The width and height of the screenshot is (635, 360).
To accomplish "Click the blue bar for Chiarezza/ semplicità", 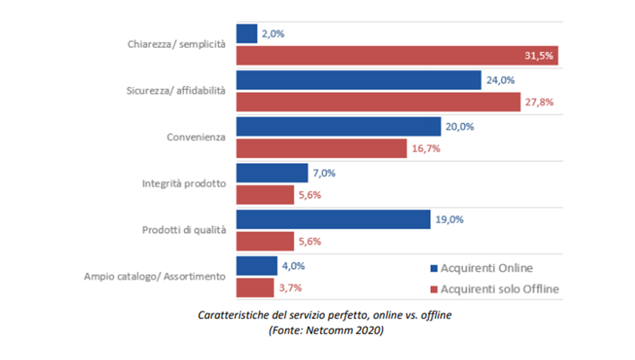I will tap(247, 34).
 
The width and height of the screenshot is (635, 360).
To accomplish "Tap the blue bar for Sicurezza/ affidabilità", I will tap(358, 80).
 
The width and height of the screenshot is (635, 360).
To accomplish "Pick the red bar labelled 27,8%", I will tap(378, 102).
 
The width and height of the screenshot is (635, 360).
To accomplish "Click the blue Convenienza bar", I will tap(338, 127).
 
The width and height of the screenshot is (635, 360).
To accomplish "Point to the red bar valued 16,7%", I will tap(321, 149).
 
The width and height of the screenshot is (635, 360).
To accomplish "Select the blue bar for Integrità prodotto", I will tap(271, 173).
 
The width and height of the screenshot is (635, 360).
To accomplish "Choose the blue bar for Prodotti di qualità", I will tap(333, 219).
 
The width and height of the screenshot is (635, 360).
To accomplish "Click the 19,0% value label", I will tap(450, 219).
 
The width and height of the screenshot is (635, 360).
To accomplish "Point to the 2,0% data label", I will tap(273, 34).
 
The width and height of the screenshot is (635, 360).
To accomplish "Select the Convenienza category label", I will tap(196, 138).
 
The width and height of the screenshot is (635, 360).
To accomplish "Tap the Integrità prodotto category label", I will tap(184, 184).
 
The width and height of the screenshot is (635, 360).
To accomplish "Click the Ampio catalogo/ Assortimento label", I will tap(155, 277).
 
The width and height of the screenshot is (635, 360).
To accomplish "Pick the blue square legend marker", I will tap(434, 268).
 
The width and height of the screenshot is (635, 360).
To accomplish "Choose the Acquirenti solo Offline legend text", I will tap(500, 289).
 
